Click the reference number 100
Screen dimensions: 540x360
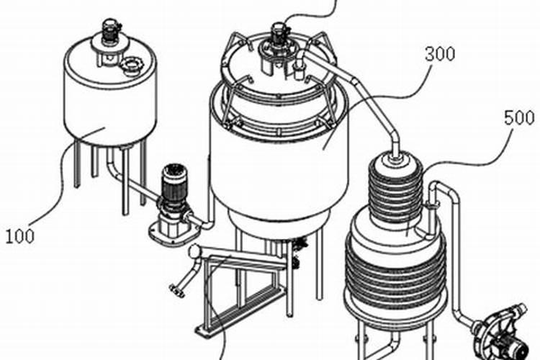pyautogui.click(x=20, y=237)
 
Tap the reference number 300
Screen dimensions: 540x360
pyautogui.click(x=440, y=54)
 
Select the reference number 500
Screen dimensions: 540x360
pyautogui.click(x=519, y=118)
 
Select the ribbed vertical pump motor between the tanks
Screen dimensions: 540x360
pyautogui.click(x=175, y=184)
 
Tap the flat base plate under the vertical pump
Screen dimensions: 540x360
pyautogui.click(x=174, y=233)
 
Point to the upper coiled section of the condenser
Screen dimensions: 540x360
pyautogui.click(x=396, y=190)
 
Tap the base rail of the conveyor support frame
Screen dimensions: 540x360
pyautogui.click(x=241, y=312)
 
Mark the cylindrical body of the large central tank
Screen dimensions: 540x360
pyautogui.click(x=279, y=166)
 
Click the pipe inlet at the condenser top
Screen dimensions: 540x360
pyautogui.click(x=395, y=157)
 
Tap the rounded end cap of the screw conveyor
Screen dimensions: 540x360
pyautogui.click(x=194, y=251)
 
